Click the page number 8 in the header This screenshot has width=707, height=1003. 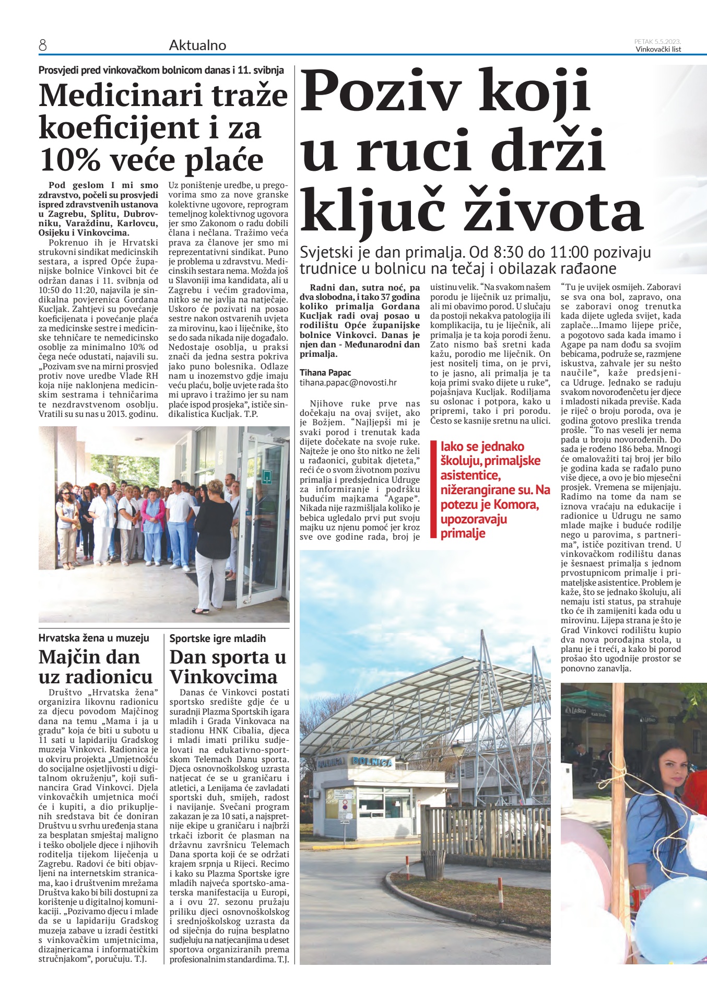pos(43,45)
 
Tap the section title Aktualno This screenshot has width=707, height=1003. pos(197,45)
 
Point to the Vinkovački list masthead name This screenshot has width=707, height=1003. pos(658,50)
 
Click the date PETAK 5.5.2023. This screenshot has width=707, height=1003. pos(657,41)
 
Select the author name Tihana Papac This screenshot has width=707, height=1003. pos(325,372)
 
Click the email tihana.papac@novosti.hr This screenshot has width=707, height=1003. pos(348,382)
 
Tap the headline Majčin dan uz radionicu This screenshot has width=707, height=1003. pos(96,667)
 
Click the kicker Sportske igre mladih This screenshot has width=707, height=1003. pos(217,638)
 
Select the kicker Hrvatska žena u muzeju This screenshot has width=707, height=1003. pos(94,638)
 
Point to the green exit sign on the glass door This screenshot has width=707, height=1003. pos(267,476)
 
